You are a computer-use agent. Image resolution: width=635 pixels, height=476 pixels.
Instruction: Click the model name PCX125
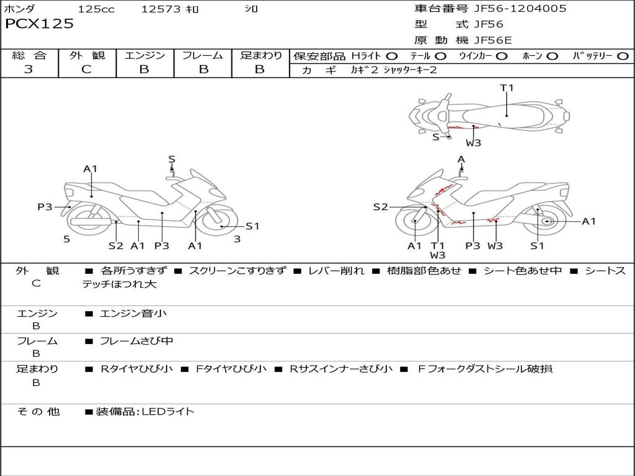[39, 24]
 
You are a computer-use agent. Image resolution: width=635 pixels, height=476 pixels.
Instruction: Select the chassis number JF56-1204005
[511, 8]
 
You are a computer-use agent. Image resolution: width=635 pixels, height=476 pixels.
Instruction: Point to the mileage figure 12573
[161, 9]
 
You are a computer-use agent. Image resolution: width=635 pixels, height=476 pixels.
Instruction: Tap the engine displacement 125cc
[97, 9]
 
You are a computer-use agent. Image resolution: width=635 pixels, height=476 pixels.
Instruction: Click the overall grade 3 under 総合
[29, 69]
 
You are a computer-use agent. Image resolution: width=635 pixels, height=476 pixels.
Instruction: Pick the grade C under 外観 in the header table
[87, 69]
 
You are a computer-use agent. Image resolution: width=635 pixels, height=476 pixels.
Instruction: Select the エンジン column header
[144, 55]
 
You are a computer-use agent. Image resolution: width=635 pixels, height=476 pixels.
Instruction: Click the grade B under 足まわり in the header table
[260, 69]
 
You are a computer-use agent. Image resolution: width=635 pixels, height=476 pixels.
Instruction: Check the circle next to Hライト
[392, 56]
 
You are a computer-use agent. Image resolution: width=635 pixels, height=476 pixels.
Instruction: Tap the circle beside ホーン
[552, 56]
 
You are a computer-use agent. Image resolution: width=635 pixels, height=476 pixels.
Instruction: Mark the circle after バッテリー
[623, 56]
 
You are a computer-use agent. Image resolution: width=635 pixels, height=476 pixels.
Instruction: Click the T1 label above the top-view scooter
[507, 88]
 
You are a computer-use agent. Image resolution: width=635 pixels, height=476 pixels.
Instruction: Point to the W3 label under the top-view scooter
[474, 143]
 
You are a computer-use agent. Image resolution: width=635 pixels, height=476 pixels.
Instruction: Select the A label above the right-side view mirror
[461, 159]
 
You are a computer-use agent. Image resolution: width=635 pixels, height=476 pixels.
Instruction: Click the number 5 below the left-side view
[66, 239]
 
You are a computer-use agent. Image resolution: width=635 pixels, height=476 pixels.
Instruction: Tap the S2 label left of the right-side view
[380, 207]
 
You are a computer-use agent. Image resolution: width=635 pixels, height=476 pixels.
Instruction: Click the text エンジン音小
[133, 313]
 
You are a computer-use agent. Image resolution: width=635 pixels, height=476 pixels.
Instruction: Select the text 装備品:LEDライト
[145, 411]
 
